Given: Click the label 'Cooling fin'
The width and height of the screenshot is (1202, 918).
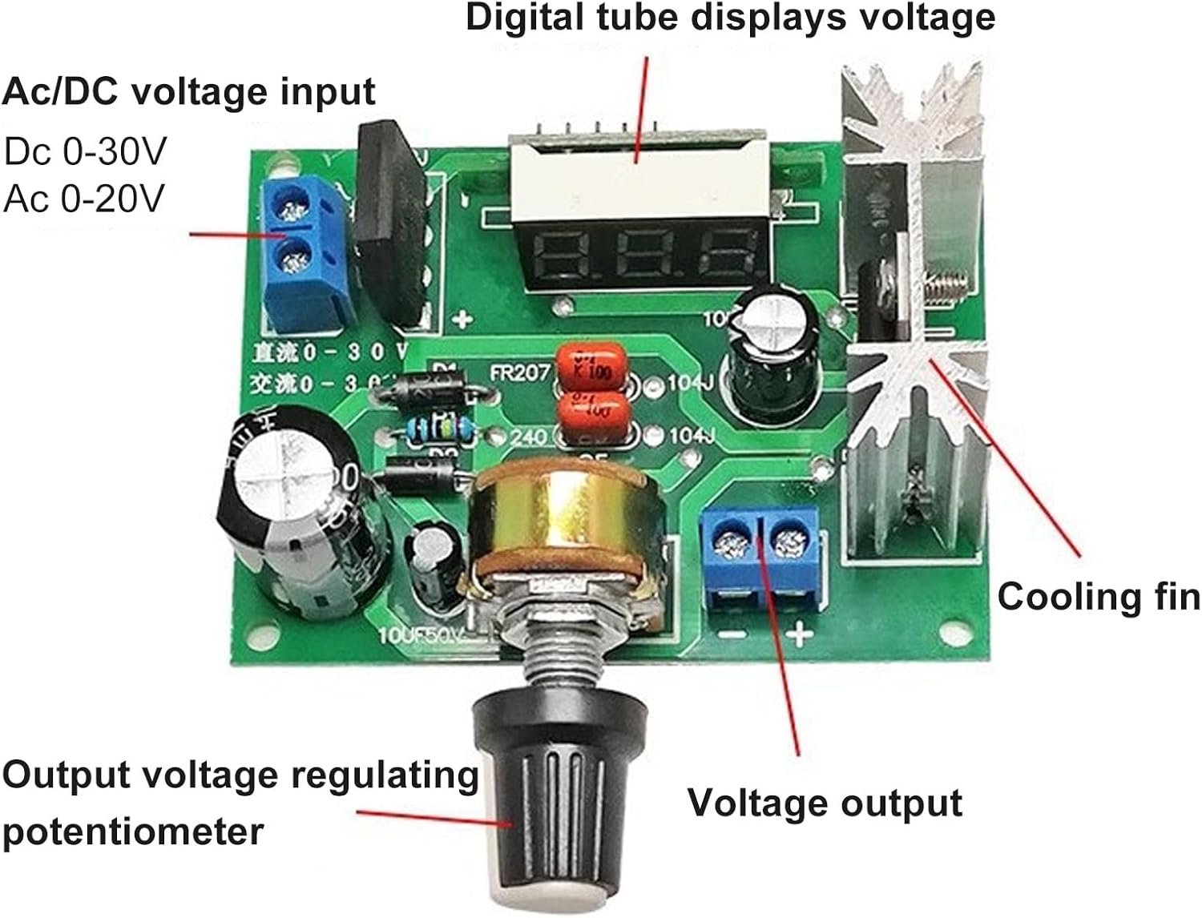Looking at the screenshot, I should click(x=1098, y=598).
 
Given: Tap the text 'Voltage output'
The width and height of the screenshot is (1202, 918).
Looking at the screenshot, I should click(x=825, y=803).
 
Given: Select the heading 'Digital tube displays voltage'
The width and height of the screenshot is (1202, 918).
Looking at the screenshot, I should click(x=730, y=18).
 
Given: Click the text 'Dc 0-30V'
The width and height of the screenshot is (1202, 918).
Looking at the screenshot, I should click(x=85, y=151).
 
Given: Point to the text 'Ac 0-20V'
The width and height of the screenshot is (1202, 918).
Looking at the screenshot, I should click(x=83, y=198).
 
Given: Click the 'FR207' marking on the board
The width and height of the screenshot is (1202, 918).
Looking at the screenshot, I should click(x=519, y=372).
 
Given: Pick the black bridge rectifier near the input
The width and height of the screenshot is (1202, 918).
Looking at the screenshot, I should click(x=389, y=224).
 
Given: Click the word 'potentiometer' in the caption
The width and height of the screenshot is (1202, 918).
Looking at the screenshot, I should click(x=132, y=831).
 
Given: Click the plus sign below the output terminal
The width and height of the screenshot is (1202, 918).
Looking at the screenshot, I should click(x=799, y=635).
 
